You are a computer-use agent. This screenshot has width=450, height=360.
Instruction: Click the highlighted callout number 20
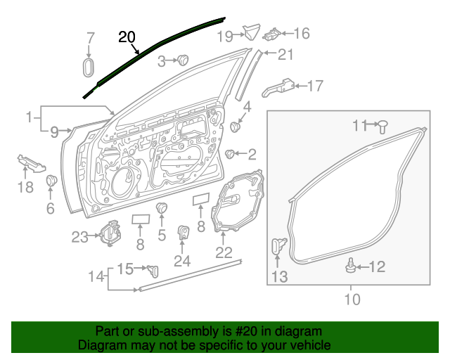pos(127,37)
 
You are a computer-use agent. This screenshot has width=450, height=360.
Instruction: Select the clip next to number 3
pos(184,60)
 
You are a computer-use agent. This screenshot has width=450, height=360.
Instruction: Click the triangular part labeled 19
pos(250,32)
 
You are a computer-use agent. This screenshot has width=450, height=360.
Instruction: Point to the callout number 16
pos(300,33)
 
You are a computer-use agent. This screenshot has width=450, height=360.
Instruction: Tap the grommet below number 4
pos(236,127)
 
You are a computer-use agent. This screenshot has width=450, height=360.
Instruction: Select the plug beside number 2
pos(229,153)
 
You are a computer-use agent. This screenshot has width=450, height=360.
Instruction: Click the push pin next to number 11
pos(383,127)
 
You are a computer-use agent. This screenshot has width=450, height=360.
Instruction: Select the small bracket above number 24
pos(182,232)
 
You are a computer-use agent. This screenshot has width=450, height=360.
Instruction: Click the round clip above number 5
pos(162,208)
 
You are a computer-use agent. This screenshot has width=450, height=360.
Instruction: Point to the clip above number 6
pos(51,181)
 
